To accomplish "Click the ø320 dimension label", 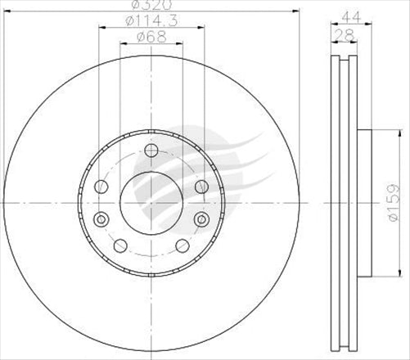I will tap(150, 6).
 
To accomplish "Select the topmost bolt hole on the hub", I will tap(150, 150).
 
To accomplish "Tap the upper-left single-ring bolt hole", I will tap(101, 187).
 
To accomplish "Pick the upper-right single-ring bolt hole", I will tap(201, 187).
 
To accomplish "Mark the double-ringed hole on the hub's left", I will tap(101, 218).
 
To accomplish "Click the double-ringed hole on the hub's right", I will tap(201, 218).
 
